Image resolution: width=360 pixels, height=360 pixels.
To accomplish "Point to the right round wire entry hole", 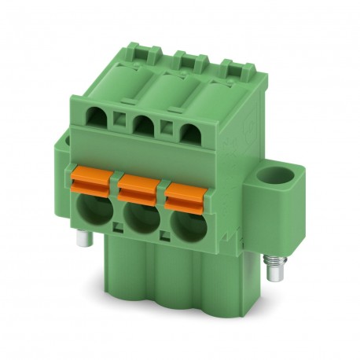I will click(182, 224).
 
